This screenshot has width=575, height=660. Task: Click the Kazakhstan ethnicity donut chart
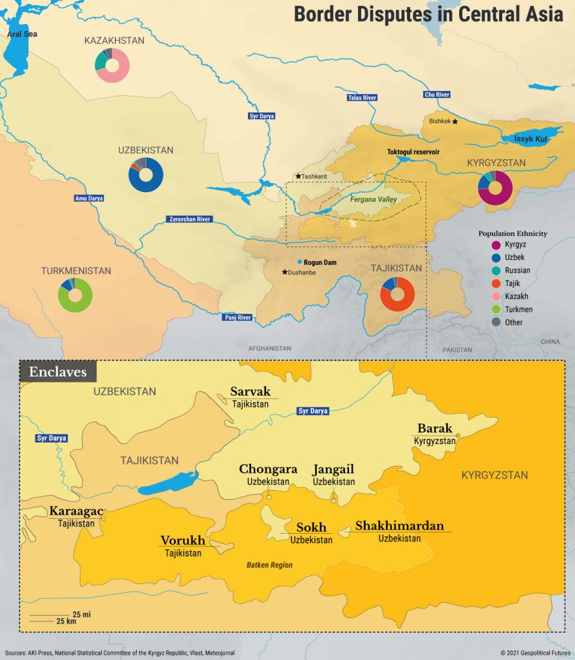[x=113, y=65]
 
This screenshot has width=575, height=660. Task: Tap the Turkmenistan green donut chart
[x=75, y=295]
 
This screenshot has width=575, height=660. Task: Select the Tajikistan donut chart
[x=397, y=294]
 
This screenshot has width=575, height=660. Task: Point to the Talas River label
[x=361, y=97]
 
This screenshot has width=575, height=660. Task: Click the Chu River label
[x=436, y=95]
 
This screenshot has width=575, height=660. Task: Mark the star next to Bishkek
[x=455, y=121]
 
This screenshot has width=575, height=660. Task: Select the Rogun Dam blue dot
[x=299, y=262]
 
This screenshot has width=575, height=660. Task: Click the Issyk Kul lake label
[x=529, y=139]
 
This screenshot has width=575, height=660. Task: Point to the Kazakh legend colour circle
[x=495, y=296]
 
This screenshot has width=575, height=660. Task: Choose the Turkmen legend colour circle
[x=495, y=309]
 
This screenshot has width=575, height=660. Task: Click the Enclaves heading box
[x=58, y=372]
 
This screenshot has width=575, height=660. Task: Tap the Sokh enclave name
[x=311, y=527]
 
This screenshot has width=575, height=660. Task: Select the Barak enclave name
[x=435, y=428]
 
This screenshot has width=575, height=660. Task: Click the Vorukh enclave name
[x=183, y=541]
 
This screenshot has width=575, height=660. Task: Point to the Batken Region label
[x=269, y=565]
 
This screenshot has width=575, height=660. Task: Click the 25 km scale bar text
[x=66, y=621]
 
